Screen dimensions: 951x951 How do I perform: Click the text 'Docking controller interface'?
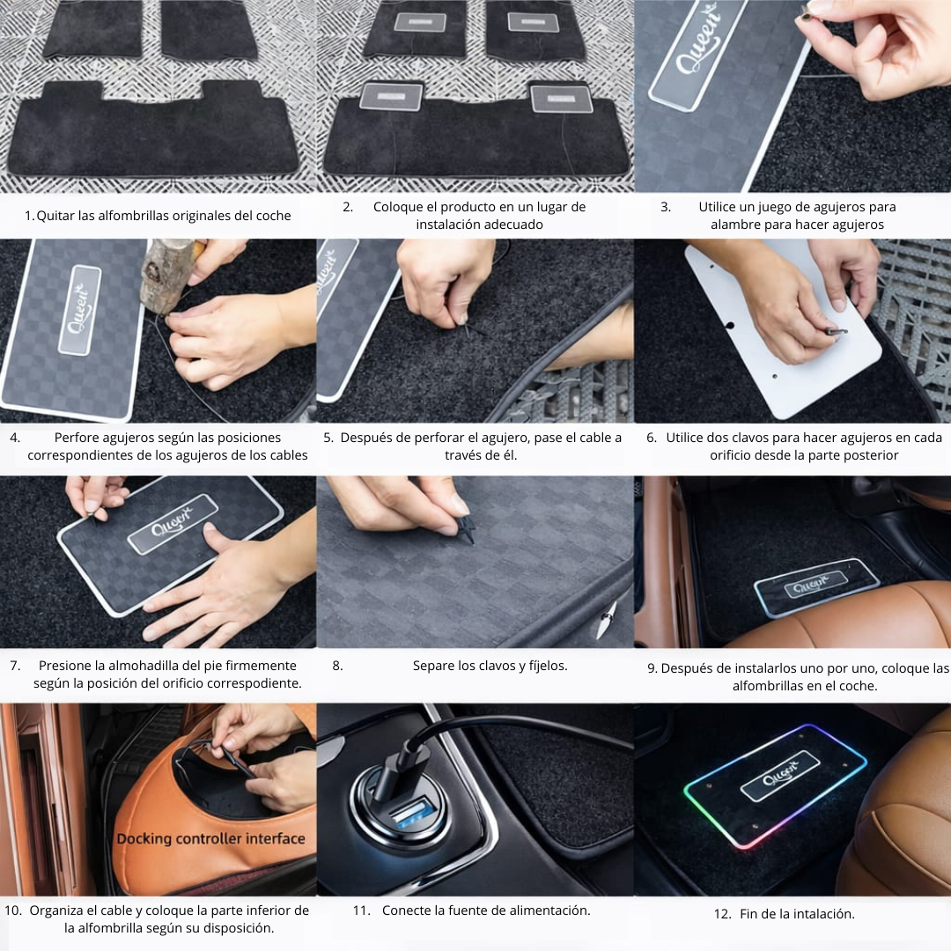[x=210, y=839]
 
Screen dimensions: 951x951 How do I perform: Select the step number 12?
[x=722, y=914]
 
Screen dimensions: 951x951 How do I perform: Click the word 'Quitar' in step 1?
[x=55, y=216]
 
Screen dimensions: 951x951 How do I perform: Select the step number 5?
[x=328, y=438]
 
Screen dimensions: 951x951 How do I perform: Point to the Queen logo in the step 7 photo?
[x=173, y=523]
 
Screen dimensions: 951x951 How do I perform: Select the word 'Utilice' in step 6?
[x=685, y=438]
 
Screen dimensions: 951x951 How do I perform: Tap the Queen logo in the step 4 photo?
[x=80, y=309]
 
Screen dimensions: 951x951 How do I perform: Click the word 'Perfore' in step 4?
[x=75, y=438]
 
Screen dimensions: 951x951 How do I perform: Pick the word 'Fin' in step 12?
[x=749, y=914]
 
